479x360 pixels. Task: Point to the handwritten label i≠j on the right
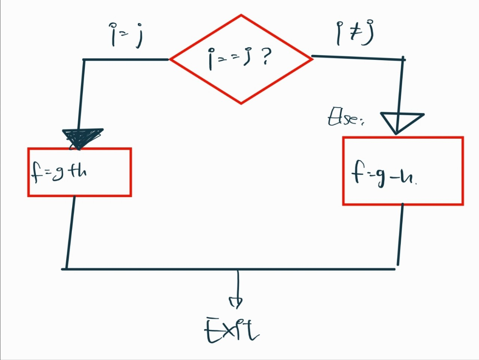coord(355,33)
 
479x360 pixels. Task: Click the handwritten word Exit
coord(231,330)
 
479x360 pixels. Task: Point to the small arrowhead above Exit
coord(236,301)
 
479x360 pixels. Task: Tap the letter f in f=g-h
coord(356,173)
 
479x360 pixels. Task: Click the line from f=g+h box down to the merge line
coord(70,232)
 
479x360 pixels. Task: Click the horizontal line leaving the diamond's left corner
coord(126,59)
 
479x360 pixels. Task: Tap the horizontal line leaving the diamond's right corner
coord(357,58)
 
